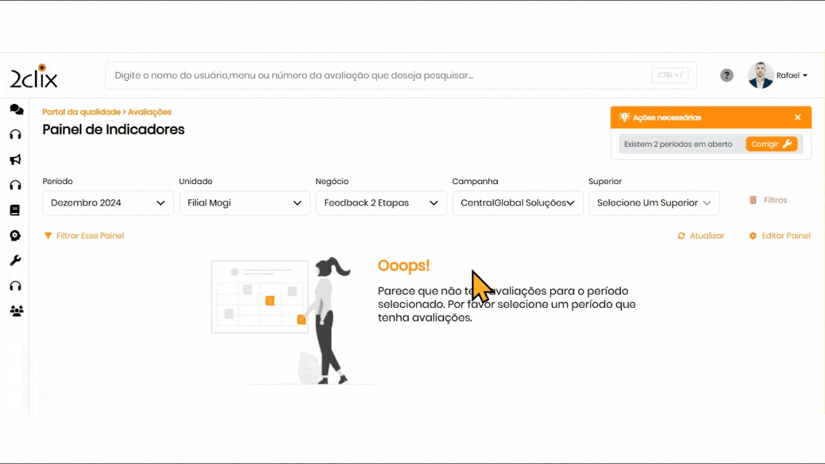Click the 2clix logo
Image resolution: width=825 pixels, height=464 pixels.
point(34,77)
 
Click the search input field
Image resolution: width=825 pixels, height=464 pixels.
point(400,75)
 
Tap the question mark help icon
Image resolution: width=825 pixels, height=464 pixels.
point(727,75)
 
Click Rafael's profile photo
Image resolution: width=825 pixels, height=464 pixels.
point(761,75)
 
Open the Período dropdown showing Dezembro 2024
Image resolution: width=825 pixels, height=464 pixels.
point(108,203)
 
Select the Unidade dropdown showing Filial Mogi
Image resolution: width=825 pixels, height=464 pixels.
point(245,203)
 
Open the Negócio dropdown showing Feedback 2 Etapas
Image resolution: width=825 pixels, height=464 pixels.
point(381,203)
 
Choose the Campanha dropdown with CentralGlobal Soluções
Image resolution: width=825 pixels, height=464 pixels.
point(518,203)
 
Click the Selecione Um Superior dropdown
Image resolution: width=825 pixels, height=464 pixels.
point(654,203)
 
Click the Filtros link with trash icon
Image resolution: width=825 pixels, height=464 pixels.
point(768,200)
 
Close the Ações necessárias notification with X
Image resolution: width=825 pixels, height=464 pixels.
point(798,117)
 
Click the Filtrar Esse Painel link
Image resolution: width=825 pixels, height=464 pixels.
point(85,236)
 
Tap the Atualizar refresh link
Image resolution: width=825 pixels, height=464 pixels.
point(701,236)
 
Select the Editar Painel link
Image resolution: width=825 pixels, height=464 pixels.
point(780,236)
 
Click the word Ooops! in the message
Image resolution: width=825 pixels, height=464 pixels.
point(404,266)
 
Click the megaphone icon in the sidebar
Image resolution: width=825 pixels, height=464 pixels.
point(16,160)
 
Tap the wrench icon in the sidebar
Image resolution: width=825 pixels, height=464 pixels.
point(16,261)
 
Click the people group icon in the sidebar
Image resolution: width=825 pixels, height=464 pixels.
point(16,311)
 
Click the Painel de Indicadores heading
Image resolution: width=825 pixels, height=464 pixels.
point(114,130)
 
